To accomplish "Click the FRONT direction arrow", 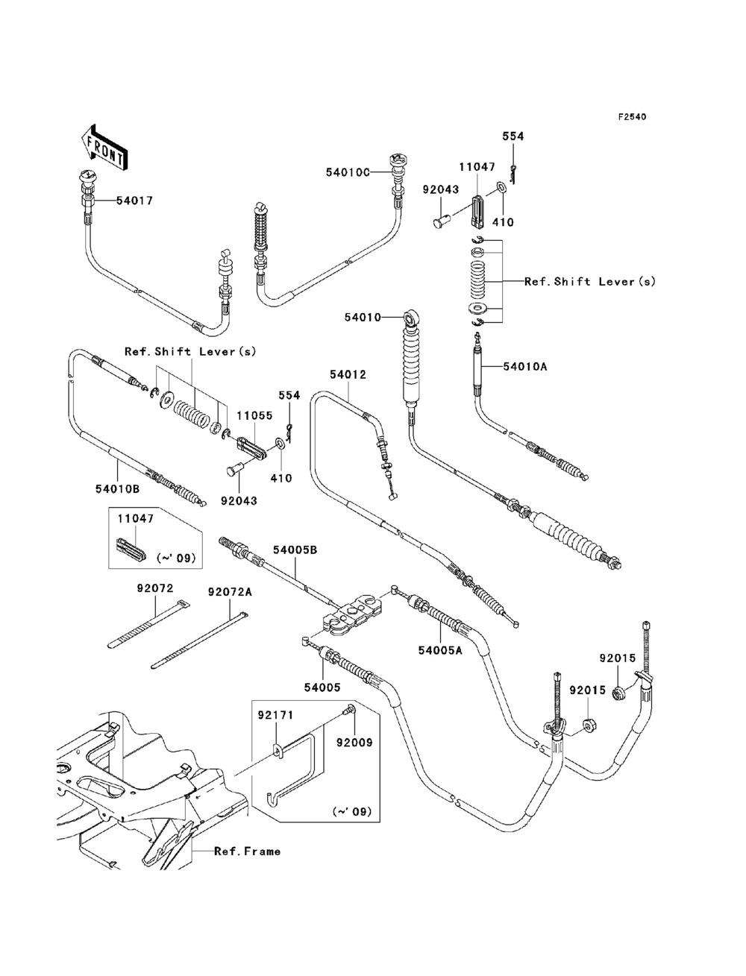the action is [x=104, y=147].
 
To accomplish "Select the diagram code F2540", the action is [x=632, y=117].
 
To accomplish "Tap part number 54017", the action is [x=135, y=201].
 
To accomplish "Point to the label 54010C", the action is [x=348, y=172].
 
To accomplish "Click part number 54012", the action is [x=348, y=375].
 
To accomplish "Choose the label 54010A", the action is [x=525, y=367].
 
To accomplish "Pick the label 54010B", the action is [x=117, y=489].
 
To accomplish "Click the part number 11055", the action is [x=254, y=416].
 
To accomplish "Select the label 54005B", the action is [x=295, y=550].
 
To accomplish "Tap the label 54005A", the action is [x=440, y=650].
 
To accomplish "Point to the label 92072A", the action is [x=230, y=592].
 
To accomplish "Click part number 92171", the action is [x=276, y=715].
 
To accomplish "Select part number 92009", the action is [x=354, y=743].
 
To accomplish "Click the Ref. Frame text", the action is [x=248, y=851].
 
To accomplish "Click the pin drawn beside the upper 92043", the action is [x=442, y=220].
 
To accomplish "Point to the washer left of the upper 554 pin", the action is [x=499, y=186].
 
